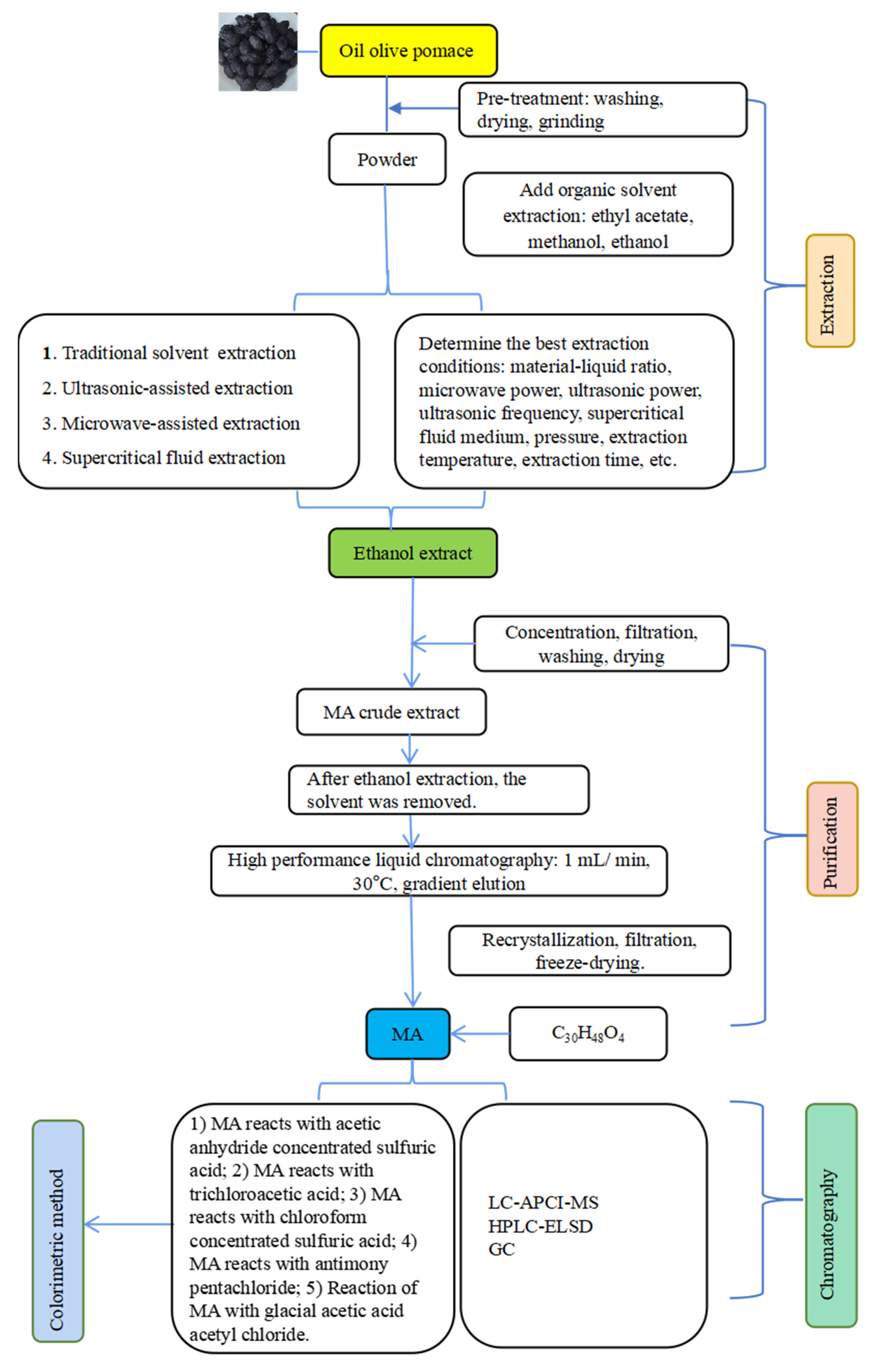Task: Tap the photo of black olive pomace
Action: tap(258, 52)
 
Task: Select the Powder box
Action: tap(387, 159)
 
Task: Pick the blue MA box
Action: tap(408, 1034)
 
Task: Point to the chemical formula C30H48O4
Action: tap(588, 1034)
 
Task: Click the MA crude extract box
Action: tap(391, 712)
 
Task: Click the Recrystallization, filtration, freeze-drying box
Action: tap(589, 950)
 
